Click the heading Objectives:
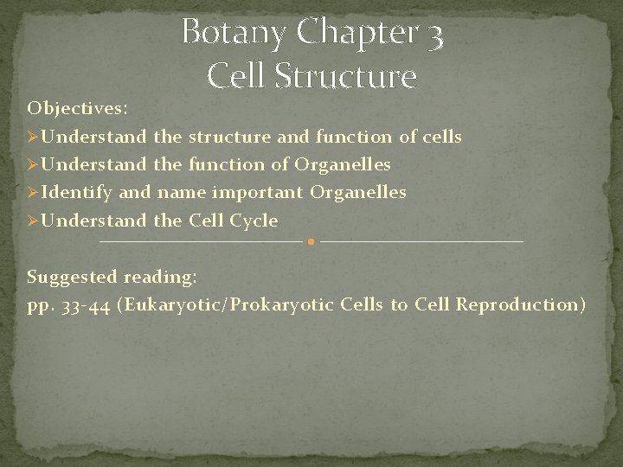click(78, 109)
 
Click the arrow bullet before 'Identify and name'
click(33, 192)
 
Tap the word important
click(257, 192)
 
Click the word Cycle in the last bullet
click(254, 221)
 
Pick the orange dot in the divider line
click(311, 241)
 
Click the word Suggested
click(72, 277)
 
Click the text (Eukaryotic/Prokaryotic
click(225, 305)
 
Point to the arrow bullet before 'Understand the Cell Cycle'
click(33, 221)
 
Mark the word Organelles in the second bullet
click(343, 164)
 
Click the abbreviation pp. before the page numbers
click(39, 305)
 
